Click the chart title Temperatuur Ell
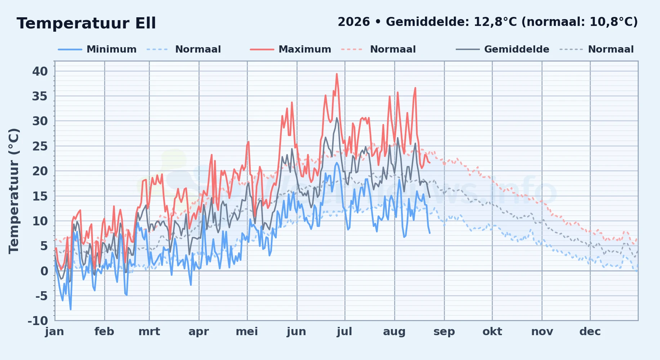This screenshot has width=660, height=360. (86, 23)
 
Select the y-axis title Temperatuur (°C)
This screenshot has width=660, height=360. (14, 191)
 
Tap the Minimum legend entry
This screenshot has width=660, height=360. (97, 49)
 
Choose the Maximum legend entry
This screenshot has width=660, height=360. (290, 49)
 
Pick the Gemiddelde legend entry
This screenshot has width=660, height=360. (503, 49)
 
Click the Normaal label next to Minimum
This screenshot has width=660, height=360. (198, 49)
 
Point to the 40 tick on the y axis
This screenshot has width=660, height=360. (40, 71)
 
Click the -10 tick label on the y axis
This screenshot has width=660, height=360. (38, 321)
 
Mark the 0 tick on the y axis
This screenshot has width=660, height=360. (44, 271)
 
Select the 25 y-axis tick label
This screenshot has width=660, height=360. (40, 146)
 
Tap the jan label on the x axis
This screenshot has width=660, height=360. (55, 332)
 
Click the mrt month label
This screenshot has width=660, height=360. (149, 332)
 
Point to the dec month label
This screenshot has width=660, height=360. (590, 332)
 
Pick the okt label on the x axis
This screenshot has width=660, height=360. (492, 332)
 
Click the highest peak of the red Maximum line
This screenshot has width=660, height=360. (337, 74)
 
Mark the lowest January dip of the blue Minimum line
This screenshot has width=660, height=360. (71, 309)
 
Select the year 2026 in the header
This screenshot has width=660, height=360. (353, 22)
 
